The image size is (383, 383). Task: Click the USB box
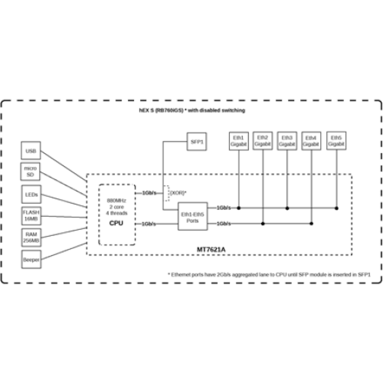(x=31, y=151)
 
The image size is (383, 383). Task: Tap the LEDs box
(x=31, y=195)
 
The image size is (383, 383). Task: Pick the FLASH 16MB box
(x=31, y=216)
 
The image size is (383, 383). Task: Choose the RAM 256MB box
(x=31, y=238)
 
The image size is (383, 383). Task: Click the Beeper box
(x=31, y=259)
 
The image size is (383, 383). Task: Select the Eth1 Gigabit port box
(x=239, y=141)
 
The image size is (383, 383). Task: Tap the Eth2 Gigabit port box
(x=263, y=141)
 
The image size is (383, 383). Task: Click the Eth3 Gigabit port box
(x=287, y=141)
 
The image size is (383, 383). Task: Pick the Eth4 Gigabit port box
(x=311, y=141)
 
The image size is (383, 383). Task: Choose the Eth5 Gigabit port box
(x=336, y=141)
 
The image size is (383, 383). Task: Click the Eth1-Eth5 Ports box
(x=193, y=216)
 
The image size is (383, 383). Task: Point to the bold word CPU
(x=116, y=223)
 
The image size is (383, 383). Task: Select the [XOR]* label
(x=178, y=192)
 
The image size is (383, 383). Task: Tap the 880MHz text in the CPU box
(x=116, y=200)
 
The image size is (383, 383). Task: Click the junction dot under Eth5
(x=336, y=208)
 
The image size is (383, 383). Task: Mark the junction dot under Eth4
(x=311, y=223)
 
